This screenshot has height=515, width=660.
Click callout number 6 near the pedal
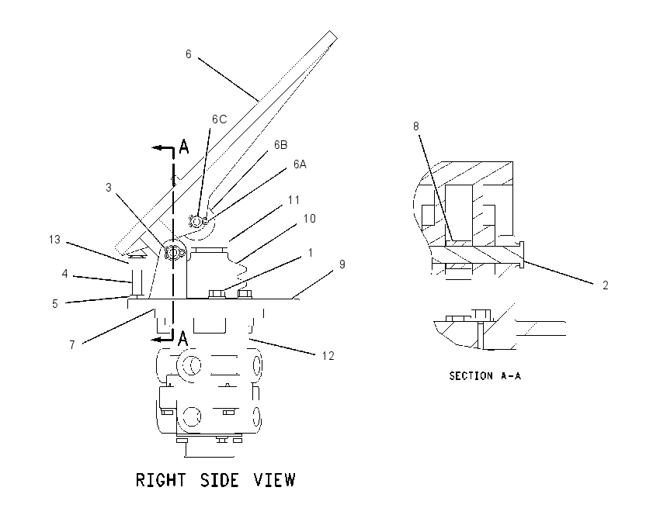[188, 54]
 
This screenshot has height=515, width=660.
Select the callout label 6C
[219, 119]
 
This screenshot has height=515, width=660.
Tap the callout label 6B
[281, 144]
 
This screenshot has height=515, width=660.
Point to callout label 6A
[300, 164]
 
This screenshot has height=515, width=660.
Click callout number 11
[294, 199]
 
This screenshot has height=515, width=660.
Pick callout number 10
[309, 219]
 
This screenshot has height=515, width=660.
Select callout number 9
[342, 264]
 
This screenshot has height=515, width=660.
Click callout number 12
[328, 356]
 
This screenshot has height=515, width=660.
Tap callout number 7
[72, 344]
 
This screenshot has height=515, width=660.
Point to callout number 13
[54, 240]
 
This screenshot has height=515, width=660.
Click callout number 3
[109, 188]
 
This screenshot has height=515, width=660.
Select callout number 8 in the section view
[416, 126]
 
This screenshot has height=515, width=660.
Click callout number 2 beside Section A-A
[606, 285]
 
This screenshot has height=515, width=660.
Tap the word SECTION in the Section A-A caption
[471, 376]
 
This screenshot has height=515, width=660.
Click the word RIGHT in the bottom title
[161, 480]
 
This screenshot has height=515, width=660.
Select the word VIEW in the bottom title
[275, 480]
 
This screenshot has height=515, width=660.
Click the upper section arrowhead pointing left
[158, 147]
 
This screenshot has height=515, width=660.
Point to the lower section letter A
[182, 338]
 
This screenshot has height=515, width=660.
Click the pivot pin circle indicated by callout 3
[173, 253]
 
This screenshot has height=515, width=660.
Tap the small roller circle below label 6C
[196, 220]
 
